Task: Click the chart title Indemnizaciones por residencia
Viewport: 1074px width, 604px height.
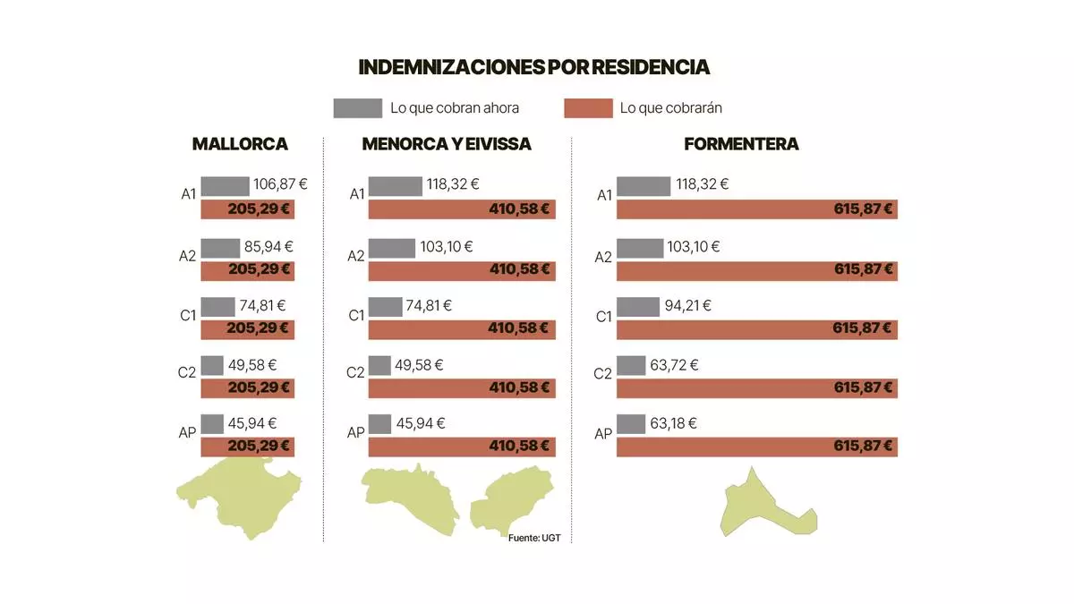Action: click(x=533, y=67)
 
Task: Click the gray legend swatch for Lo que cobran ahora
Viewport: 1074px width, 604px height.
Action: click(x=357, y=108)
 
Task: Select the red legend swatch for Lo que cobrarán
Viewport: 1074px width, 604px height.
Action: click(x=588, y=108)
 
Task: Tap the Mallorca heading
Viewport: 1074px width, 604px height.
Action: click(x=240, y=144)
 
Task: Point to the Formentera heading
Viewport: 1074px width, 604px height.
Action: click(x=741, y=144)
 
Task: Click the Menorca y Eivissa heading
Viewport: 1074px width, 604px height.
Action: click(x=447, y=144)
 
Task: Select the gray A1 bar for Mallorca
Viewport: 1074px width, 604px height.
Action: click(x=225, y=186)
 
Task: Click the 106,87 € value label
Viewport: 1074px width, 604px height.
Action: click(x=280, y=185)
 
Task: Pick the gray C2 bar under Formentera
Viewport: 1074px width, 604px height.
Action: click(x=631, y=365)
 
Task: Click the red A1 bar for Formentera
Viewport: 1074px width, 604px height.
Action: click(x=756, y=209)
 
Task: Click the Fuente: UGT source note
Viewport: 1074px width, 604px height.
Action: click(x=534, y=538)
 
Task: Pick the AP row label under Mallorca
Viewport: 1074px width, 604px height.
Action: click(x=186, y=432)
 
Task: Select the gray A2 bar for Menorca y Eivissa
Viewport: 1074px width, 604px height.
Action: click(x=391, y=247)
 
